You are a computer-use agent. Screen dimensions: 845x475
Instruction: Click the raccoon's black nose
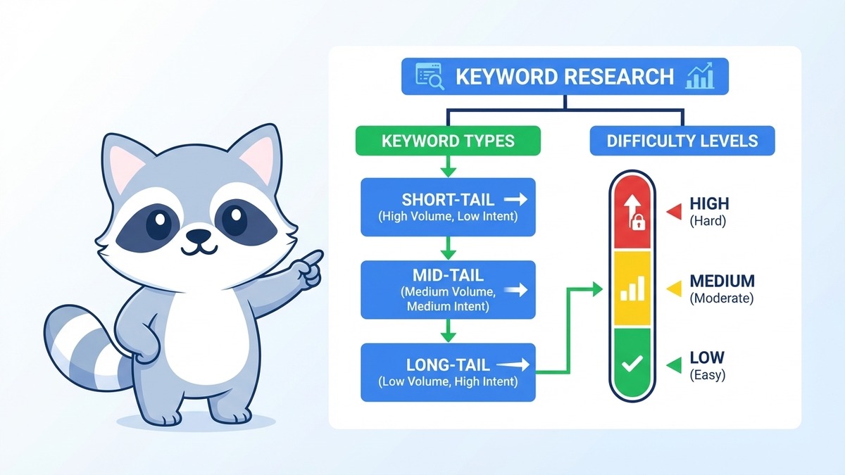(x=199, y=236)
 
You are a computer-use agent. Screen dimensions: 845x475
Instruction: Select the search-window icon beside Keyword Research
(x=430, y=76)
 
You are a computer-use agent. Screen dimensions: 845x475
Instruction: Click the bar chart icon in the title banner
(x=699, y=76)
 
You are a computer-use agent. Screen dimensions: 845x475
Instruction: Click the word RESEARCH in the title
(x=619, y=77)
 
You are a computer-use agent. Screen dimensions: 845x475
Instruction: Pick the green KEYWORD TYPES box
(x=448, y=141)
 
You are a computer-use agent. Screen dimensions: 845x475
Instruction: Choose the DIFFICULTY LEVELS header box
(x=682, y=141)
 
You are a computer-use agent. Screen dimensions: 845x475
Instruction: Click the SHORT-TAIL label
(x=448, y=200)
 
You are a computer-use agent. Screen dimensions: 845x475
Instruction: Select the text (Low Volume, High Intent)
(x=448, y=381)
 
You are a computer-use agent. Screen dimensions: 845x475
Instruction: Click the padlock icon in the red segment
(x=637, y=222)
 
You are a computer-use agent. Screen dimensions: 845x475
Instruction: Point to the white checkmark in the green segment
(x=632, y=363)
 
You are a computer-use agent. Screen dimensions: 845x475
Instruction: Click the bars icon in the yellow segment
(x=632, y=289)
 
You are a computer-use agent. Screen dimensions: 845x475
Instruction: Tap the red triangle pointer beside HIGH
(x=674, y=212)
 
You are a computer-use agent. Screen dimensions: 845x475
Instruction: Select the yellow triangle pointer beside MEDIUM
(x=674, y=289)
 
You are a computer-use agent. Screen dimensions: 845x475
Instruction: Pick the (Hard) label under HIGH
(x=708, y=221)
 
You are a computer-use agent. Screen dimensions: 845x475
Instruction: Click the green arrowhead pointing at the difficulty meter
(x=598, y=289)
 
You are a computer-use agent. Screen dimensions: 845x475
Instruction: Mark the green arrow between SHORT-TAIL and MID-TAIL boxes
(x=448, y=248)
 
